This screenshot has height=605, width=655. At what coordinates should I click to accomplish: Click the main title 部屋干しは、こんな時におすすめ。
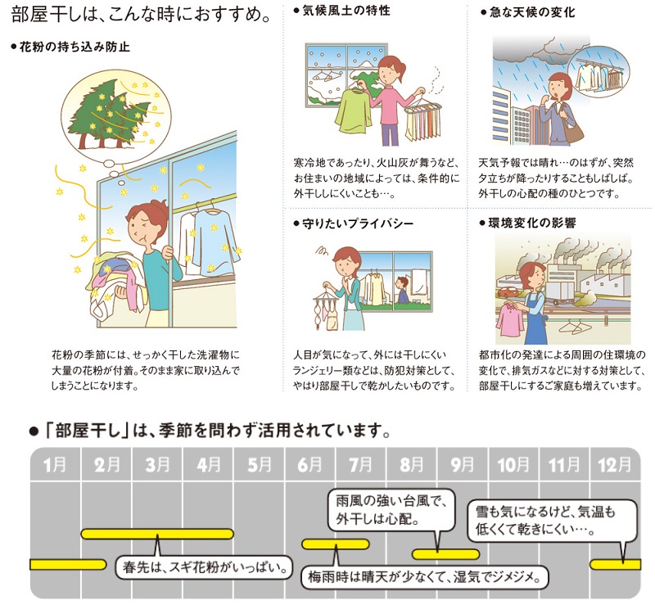[140, 16]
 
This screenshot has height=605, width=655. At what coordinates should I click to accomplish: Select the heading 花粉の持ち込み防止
[75, 47]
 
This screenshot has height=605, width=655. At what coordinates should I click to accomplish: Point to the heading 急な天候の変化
[532, 12]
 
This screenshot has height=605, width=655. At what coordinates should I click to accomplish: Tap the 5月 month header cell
[259, 464]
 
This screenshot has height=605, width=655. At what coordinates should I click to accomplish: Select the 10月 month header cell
[513, 464]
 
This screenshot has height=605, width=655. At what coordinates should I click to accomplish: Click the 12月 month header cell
[615, 464]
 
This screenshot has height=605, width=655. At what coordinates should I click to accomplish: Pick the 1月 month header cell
[55, 464]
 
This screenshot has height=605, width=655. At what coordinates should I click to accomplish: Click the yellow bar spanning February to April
[157, 534]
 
